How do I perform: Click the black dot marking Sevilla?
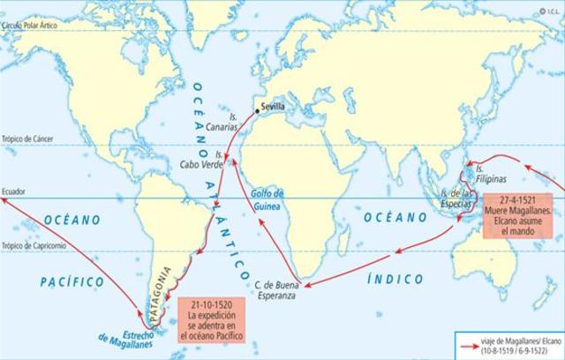(x=258, y=111)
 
